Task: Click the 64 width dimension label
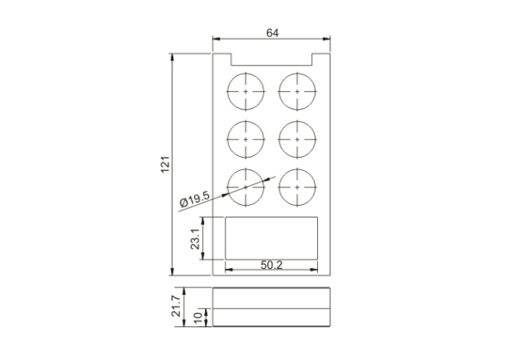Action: pyautogui.click(x=272, y=33)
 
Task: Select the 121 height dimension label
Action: pyautogui.click(x=166, y=164)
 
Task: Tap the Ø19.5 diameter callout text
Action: pyautogui.click(x=195, y=199)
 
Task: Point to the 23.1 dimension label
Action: pyautogui.click(x=196, y=239)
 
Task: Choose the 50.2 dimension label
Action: pyautogui.click(x=272, y=265)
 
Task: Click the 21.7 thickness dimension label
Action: pyautogui.click(x=176, y=306)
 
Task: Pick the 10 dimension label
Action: pyautogui.click(x=198, y=318)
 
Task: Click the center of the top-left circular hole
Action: pyautogui.click(x=246, y=91)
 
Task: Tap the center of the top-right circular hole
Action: pyautogui.click(x=297, y=91)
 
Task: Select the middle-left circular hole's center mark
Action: pyautogui.click(x=246, y=139)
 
